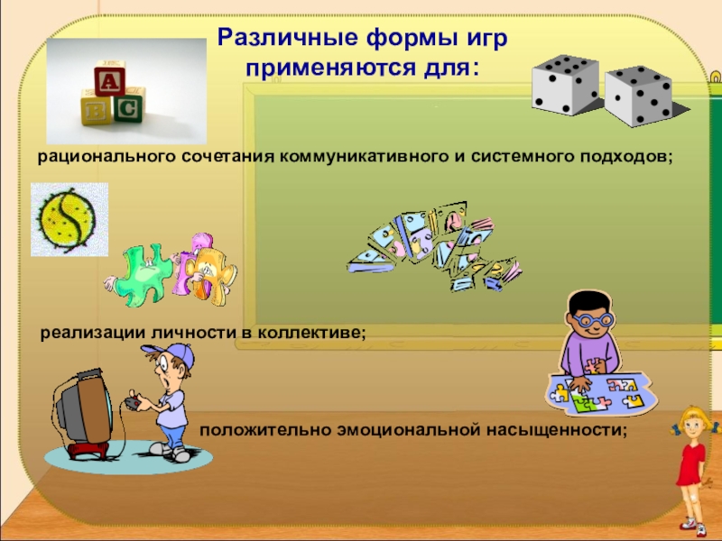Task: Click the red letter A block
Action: (x=109, y=83)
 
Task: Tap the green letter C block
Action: (x=127, y=109)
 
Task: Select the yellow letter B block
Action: (x=95, y=110)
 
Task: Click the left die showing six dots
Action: (x=564, y=84)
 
